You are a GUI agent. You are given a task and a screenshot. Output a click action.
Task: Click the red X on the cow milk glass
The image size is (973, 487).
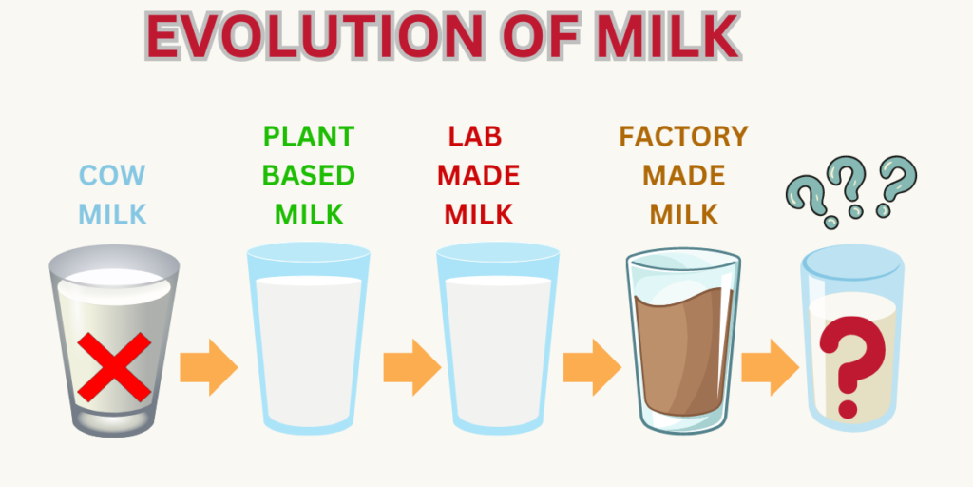114,367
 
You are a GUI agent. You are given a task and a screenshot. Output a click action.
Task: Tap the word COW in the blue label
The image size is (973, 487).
112,175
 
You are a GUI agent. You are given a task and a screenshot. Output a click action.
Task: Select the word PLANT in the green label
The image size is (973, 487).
309,137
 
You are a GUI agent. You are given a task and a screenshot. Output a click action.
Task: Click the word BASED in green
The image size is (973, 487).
309,176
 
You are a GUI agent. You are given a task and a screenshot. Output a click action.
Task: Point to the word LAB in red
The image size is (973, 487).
475,137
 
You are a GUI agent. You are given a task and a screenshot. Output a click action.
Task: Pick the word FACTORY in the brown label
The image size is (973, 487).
684,137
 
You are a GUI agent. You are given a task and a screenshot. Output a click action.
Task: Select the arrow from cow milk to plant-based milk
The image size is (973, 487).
209,367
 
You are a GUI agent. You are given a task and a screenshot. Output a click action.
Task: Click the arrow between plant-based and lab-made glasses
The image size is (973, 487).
412,367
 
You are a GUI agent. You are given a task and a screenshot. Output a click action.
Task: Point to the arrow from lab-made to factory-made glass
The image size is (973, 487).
592,367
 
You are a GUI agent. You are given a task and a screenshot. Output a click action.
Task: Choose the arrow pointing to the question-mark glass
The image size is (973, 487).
770,367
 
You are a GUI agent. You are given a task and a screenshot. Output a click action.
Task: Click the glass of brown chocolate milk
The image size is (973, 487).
682,341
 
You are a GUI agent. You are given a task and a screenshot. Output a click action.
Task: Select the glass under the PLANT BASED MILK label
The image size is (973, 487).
309,338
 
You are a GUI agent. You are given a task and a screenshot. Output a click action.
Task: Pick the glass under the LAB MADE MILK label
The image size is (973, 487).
498,338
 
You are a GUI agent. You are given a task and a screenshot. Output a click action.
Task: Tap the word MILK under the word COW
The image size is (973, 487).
112,214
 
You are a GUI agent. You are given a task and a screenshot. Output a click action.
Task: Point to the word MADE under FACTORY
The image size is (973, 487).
684,176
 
